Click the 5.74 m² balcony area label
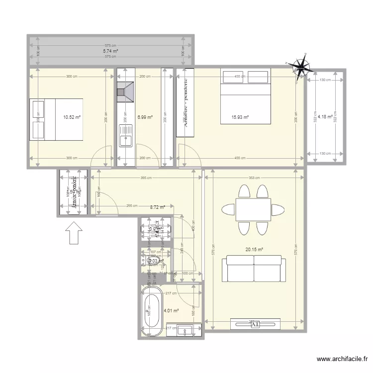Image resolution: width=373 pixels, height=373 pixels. pyautogui.click(x=110, y=51)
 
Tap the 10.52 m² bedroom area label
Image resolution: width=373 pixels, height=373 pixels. pyautogui.click(x=72, y=117)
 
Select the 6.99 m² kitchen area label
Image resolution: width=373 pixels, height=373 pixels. pyautogui.click(x=145, y=117)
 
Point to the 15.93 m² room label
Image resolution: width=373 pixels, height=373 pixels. pyautogui.click(x=240, y=117)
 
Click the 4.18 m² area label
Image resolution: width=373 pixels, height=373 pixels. pyautogui.click(x=325, y=117)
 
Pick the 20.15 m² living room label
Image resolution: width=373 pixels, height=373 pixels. pyautogui.click(x=254, y=250)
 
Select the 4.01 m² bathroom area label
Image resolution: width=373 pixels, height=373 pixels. pyautogui.click(x=171, y=311)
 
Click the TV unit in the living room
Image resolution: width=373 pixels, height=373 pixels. pyautogui.click(x=254, y=324)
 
